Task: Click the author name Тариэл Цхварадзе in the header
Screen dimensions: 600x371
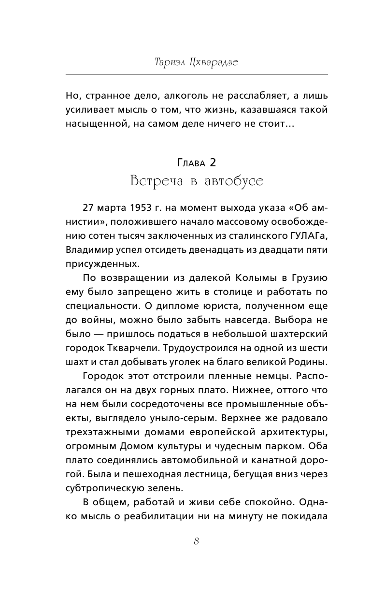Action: pos(197,62)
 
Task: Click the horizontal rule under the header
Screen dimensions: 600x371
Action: pos(197,74)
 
